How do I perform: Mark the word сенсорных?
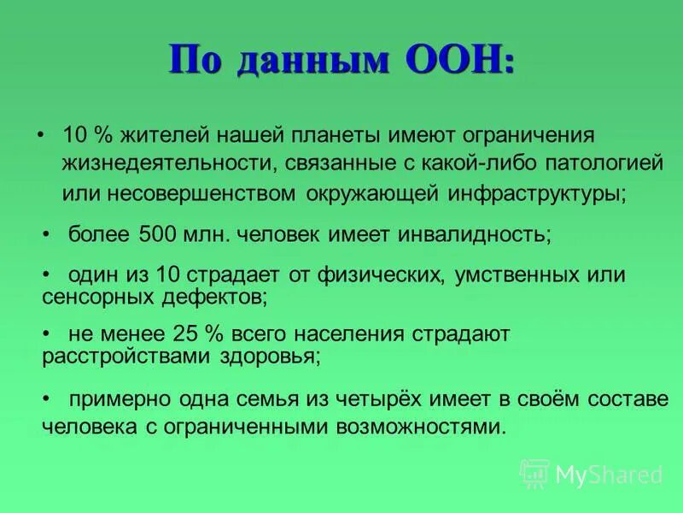click(89, 298)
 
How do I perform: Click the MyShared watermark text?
click(608, 474)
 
